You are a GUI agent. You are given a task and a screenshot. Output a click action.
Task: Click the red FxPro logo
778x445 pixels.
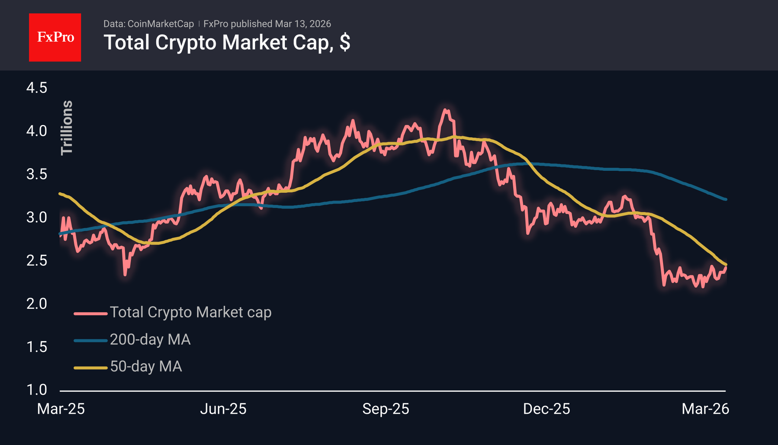(55, 37)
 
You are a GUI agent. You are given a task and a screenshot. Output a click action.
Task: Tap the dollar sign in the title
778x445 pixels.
(344, 42)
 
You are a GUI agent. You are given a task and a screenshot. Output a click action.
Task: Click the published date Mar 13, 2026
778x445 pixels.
(303, 24)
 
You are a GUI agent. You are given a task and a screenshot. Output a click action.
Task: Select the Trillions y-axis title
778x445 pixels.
(67, 128)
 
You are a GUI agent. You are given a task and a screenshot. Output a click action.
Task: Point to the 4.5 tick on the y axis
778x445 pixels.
(36, 88)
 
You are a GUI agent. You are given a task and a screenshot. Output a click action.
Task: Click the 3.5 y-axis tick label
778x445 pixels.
(36, 174)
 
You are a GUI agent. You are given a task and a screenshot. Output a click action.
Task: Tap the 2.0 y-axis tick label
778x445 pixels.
(36, 304)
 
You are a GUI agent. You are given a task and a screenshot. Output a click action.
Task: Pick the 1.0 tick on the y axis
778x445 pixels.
(36, 390)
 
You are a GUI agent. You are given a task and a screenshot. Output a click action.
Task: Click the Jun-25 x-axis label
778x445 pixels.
(223, 409)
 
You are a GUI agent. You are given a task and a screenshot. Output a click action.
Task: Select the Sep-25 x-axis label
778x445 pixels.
(386, 409)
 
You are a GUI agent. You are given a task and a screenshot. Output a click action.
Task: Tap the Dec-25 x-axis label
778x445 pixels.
(546, 409)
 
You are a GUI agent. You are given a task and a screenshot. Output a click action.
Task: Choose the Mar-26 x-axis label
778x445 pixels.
(705, 409)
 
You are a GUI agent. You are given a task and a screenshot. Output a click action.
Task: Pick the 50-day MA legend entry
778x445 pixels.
(146, 366)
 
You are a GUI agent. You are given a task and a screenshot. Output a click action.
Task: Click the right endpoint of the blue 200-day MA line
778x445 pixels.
(726, 199)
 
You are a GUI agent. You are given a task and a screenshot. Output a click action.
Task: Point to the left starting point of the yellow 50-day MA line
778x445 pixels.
(60, 193)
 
